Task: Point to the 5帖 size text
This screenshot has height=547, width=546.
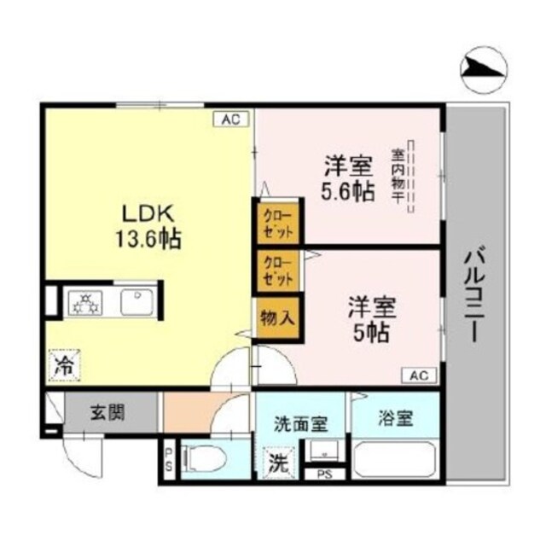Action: [x=369, y=331]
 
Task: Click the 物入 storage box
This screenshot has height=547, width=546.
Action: [x=277, y=317]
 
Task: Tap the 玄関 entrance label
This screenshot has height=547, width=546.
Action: [x=108, y=414]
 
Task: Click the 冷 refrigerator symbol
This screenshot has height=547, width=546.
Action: [x=64, y=366]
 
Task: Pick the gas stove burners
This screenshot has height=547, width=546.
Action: [x=85, y=302]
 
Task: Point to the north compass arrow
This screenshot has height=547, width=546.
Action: [x=485, y=72]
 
